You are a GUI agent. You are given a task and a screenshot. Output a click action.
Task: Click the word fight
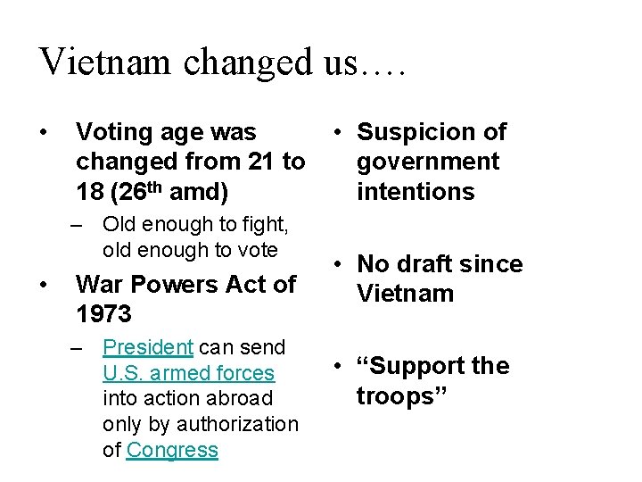click(x=256, y=224)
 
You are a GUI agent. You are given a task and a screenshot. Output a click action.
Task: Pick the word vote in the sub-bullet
click(x=256, y=250)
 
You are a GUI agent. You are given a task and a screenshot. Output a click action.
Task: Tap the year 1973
click(x=103, y=314)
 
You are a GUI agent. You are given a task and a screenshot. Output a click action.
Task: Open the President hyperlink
click(x=148, y=347)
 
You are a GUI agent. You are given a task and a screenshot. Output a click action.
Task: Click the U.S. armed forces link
click(x=189, y=373)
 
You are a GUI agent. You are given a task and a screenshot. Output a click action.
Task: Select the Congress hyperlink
click(x=172, y=450)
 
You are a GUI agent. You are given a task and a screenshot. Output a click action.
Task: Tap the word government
click(x=428, y=162)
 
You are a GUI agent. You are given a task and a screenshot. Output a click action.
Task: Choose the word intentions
click(x=416, y=191)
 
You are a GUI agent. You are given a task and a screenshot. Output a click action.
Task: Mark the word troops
click(x=396, y=395)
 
